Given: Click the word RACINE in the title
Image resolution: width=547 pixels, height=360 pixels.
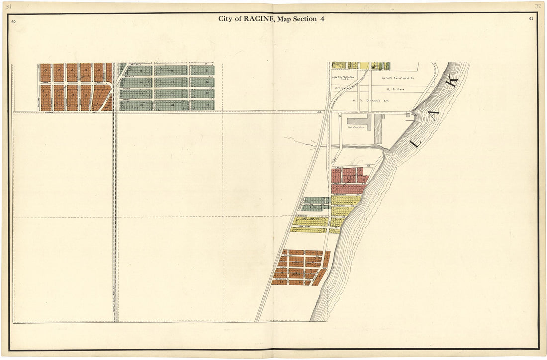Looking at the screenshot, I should coord(254,19).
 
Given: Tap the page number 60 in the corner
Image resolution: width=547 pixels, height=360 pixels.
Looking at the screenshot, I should coord(13,22).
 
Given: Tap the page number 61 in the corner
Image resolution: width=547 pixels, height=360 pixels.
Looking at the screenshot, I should coord(532,19).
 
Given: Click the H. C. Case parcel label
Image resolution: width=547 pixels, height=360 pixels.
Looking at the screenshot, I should coord(396,89).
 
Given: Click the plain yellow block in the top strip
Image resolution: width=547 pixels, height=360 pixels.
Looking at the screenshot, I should coord(364,66).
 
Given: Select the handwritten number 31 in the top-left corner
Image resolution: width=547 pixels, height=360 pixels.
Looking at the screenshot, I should coord(9,6).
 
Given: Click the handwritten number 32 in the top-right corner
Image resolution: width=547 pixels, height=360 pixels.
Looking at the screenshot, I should coord(538,6).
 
